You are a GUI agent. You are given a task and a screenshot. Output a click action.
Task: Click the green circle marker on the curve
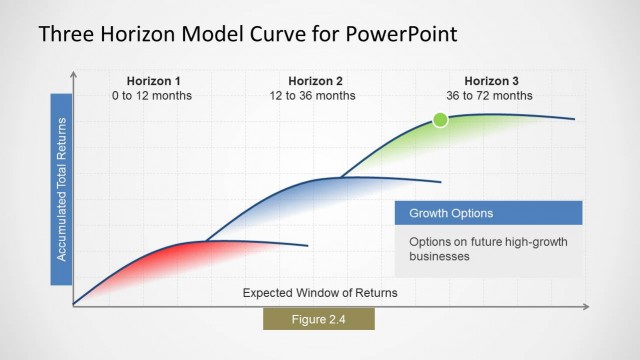point(440,120)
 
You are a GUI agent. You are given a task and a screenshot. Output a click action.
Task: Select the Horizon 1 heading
point(152,81)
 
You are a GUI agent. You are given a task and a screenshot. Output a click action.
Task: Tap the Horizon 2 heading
point(315,81)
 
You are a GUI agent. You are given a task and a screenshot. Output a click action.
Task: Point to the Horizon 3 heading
point(489,81)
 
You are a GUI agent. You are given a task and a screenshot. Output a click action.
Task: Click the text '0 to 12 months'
point(152,96)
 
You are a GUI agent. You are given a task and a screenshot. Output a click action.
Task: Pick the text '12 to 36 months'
point(315,96)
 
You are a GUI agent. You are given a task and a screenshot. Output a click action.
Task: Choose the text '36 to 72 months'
point(489,96)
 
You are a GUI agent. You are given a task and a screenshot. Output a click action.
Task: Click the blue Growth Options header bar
point(488,213)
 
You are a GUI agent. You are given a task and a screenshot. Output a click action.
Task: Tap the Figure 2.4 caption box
point(318,319)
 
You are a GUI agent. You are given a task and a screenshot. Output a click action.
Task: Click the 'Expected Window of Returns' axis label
point(320,293)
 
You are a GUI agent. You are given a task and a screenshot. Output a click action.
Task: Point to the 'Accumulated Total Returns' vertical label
point(61,189)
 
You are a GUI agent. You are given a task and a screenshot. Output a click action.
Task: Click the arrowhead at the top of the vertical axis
point(73,74)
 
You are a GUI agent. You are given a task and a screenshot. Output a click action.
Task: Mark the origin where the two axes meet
point(73,305)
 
